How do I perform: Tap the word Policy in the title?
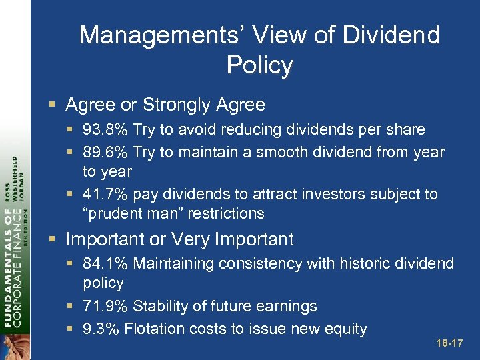click(x=259, y=65)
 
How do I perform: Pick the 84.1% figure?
click(x=105, y=263)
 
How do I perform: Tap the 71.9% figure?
click(x=105, y=306)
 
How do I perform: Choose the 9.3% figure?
click(x=100, y=328)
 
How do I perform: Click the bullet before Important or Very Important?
click(x=53, y=240)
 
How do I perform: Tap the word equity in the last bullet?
click(x=344, y=328)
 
